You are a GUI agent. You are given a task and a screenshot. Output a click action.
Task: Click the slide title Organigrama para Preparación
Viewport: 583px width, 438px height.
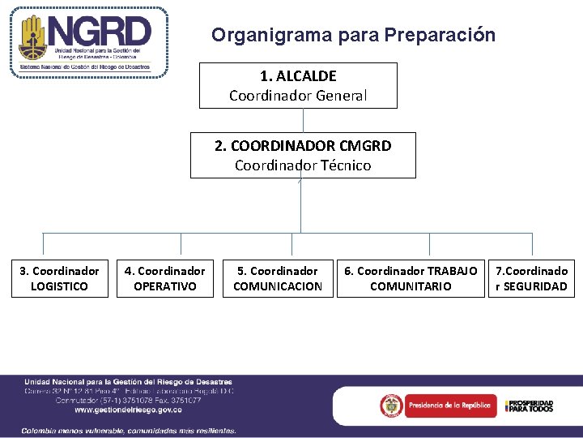[353, 35]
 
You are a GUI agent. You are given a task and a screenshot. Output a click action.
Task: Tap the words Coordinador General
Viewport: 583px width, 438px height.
[298, 96]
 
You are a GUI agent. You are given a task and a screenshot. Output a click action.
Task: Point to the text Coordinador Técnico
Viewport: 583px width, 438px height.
[303, 165]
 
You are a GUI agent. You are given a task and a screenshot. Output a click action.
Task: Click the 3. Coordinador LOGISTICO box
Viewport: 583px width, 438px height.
[59, 278]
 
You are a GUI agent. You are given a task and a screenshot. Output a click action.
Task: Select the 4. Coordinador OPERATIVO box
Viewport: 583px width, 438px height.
[164, 278]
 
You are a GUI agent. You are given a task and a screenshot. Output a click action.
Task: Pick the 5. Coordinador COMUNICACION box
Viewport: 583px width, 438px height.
[277, 278]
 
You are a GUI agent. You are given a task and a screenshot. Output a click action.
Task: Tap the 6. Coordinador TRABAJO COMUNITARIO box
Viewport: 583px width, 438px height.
[411, 278]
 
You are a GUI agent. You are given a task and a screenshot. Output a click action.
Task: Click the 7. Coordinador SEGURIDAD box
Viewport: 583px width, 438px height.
[531, 278]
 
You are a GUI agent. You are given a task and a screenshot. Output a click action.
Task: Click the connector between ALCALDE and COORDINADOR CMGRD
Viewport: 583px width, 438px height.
[303, 120]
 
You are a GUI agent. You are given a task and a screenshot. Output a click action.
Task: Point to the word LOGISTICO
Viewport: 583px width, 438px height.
[59, 286]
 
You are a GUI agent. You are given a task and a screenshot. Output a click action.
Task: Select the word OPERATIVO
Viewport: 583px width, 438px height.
[164, 286]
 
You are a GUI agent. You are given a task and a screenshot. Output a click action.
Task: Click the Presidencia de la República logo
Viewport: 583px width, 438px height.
[438, 405]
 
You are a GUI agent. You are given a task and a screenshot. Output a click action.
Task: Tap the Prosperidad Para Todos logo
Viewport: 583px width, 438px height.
[529, 406]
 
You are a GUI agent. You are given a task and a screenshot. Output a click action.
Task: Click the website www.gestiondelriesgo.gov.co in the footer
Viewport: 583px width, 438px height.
[128, 410]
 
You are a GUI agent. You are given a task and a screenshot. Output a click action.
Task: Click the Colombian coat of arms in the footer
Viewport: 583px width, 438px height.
[393, 405]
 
